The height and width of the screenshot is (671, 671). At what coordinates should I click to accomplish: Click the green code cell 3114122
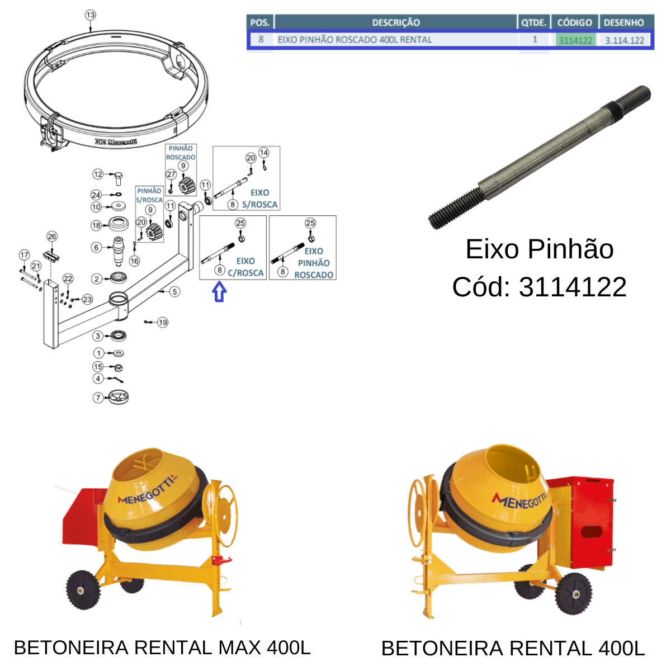point(575,40)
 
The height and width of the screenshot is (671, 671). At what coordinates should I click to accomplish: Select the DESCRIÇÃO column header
point(396,22)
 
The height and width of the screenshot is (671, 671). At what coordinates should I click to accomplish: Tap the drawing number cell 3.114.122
point(625,40)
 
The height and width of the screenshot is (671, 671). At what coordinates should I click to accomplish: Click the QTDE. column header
point(533,22)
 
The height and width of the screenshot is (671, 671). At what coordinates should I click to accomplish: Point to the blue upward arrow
point(219,291)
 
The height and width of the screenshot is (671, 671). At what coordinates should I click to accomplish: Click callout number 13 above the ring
point(90,15)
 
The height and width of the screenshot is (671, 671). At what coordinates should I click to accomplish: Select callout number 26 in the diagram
point(52,237)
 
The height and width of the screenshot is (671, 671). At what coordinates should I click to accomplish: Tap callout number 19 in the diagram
point(163,323)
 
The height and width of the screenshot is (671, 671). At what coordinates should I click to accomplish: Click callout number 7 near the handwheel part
point(98,398)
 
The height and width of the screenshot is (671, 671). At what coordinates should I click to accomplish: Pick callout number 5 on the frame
point(175,291)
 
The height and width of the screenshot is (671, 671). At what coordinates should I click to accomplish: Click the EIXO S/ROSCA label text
point(260,199)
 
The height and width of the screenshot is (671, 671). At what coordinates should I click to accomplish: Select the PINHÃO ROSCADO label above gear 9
point(181,153)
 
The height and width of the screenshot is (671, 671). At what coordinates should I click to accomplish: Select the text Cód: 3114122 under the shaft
point(540,287)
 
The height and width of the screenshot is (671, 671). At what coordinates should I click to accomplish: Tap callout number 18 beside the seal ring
point(96,225)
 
